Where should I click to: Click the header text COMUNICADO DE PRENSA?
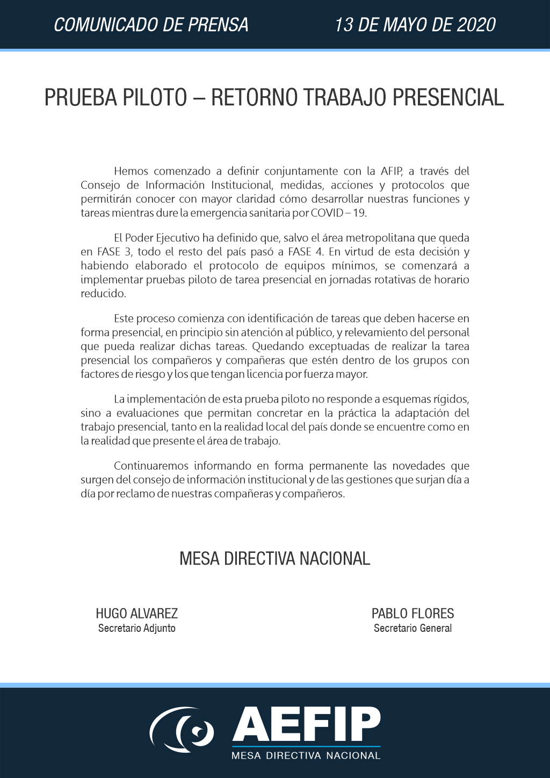tap(151, 25)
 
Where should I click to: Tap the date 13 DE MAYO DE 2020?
tap(415, 25)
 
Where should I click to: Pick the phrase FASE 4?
tap(305, 252)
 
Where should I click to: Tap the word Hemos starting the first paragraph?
tap(132, 171)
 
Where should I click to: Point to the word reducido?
tap(103, 294)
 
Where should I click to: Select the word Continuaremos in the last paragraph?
tap(151, 466)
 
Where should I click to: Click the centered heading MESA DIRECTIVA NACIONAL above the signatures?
tap(274, 559)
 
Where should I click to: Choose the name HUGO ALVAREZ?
tap(136, 614)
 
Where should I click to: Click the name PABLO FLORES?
tap(412, 614)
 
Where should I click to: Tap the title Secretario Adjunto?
tap(136, 628)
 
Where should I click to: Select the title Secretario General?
tap(412, 628)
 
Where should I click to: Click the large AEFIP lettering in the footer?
tap(306, 724)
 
